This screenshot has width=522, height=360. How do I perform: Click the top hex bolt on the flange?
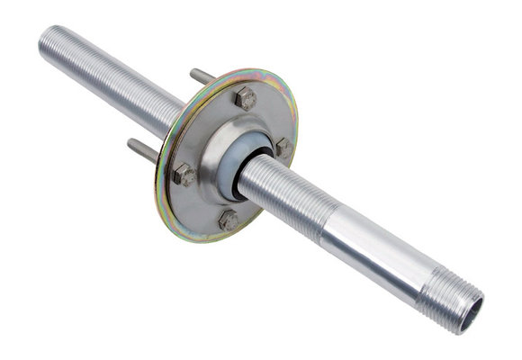[245, 98]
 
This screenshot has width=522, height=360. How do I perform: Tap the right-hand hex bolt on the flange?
[283, 147]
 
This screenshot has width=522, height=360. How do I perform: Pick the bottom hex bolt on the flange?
[229, 219]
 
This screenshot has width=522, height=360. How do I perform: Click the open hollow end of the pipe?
[471, 312]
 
